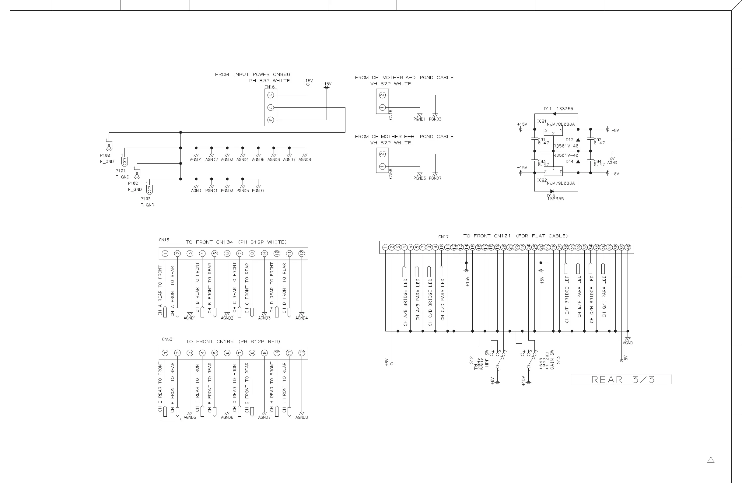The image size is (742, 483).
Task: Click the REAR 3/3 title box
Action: click(621, 379)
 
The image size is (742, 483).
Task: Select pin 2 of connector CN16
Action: click(271, 107)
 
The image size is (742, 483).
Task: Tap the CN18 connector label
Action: click(391, 114)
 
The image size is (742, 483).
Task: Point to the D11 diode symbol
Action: click(554, 114)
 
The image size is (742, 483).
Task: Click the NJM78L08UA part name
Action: click(561, 124)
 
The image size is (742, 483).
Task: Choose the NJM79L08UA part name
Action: click(561, 183)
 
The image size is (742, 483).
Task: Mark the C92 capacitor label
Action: click(598, 140)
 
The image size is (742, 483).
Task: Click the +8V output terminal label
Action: click(615, 130)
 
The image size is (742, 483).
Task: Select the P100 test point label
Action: click(105, 155)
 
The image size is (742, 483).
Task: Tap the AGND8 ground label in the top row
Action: click(305, 160)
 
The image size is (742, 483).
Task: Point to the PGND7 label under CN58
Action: click(435, 178)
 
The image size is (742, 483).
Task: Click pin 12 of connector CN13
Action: click(302, 254)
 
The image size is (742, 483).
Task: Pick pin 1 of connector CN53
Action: click(165, 353)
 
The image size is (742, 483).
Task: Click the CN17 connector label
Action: click(443, 237)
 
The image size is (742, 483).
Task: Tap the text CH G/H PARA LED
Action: click(604, 296)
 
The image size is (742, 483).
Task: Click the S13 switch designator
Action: click(558, 360)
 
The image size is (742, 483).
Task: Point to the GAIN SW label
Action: click(552, 360)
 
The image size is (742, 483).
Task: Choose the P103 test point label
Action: click(145, 199)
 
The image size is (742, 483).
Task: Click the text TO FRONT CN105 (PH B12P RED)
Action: click(233, 341)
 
